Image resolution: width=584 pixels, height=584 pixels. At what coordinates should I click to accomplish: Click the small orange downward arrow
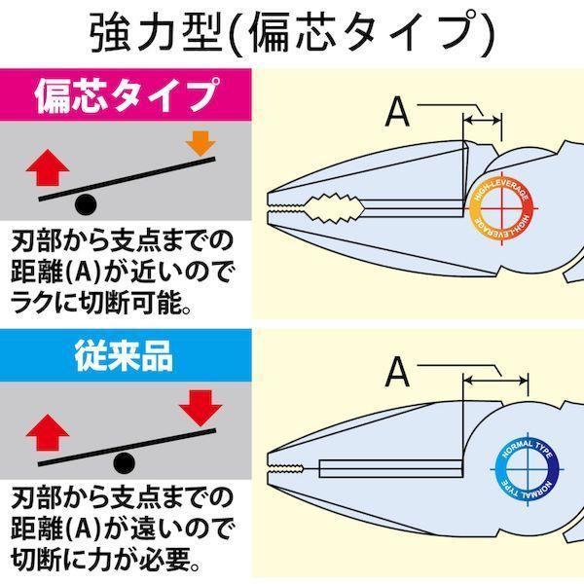[201, 143]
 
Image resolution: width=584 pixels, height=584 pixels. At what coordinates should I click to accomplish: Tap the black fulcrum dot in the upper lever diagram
[86, 204]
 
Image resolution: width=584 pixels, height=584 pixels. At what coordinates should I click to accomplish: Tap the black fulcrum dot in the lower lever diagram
[124, 463]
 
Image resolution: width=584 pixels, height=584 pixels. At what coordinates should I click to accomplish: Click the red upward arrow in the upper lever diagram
[48, 167]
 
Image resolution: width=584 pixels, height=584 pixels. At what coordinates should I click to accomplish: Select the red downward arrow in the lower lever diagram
[201, 408]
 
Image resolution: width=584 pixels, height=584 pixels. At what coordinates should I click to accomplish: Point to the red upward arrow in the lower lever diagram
[48, 432]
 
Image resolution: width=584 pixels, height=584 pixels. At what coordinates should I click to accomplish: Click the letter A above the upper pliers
[397, 112]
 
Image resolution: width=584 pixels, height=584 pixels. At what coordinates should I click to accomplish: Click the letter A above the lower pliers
[397, 372]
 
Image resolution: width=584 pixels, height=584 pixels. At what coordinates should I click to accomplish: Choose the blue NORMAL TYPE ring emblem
[528, 468]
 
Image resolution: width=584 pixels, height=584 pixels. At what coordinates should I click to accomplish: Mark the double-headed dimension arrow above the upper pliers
[482, 121]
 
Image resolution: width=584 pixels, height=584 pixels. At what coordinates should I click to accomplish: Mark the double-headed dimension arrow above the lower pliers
[495, 381]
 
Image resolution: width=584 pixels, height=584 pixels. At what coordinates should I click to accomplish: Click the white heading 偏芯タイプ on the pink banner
[126, 95]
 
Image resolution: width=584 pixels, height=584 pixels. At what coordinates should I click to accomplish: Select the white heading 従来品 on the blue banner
[124, 355]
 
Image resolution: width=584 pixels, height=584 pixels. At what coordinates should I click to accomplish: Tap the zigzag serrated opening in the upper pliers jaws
[335, 208]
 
